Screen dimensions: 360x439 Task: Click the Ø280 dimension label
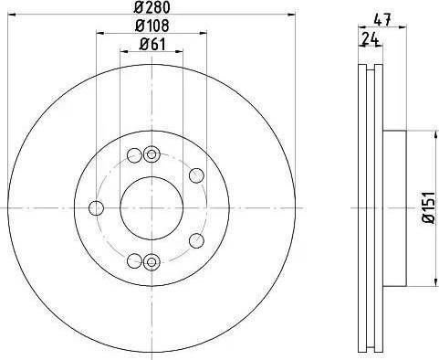152,8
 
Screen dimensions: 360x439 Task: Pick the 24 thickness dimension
369,38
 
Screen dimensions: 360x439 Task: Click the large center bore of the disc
152,206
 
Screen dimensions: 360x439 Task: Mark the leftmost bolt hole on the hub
94,206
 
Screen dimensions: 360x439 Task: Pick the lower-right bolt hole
195,239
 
